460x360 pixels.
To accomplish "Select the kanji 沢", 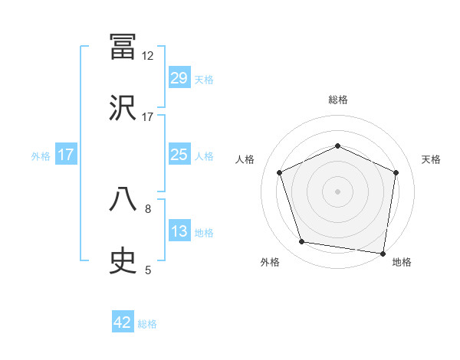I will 123,108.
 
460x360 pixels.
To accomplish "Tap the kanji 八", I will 123,200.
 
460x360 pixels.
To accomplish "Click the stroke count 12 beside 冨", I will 147,56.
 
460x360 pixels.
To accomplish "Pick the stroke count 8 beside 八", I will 148,208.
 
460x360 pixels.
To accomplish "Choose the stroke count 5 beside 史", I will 148,270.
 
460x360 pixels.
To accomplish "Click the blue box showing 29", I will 179,78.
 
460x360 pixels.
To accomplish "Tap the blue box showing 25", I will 179,155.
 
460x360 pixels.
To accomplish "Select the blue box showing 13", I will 179,231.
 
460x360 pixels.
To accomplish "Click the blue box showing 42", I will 123,322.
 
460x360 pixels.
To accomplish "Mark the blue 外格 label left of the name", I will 41,155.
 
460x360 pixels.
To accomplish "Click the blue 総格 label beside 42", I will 148,324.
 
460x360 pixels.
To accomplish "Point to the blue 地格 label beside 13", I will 204,233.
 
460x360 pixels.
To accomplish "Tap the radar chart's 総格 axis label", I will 338,100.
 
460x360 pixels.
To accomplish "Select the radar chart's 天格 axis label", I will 431,159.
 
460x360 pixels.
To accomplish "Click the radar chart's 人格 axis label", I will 245,159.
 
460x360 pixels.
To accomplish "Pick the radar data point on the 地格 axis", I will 383,253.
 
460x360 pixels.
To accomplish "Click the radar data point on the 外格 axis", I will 302,242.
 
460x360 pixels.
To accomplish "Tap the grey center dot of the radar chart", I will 337,191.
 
